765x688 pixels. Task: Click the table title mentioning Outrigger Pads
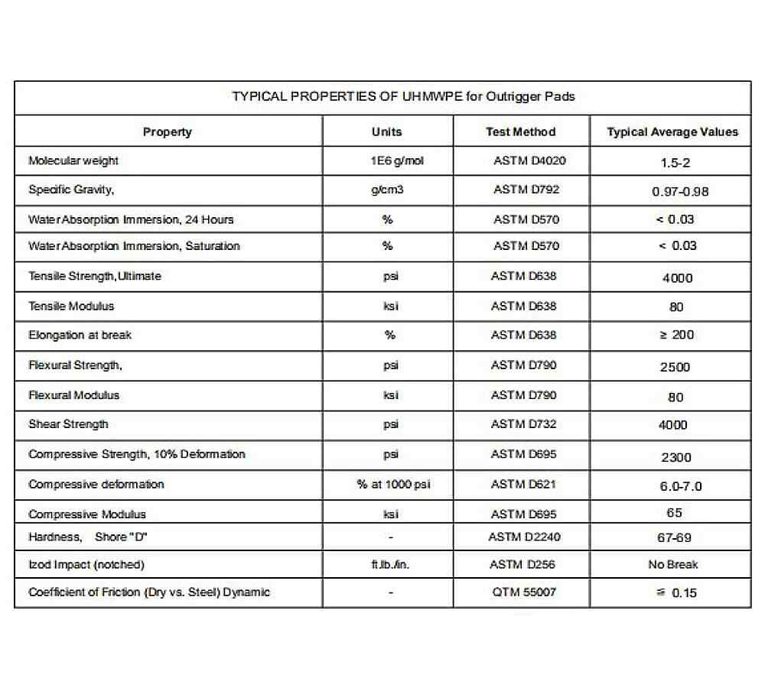point(403,96)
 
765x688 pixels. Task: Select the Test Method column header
point(520,131)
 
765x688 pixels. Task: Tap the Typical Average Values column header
point(672,131)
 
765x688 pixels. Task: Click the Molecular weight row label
point(73,161)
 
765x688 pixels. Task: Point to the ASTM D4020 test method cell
point(529,161)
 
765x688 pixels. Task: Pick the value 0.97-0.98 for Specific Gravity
point(680,191)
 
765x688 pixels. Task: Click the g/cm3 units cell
point(386,190)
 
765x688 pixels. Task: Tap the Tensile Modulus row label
point(71,306)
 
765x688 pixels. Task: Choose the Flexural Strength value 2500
point(675,367)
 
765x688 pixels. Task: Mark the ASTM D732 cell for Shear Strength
point(524,424)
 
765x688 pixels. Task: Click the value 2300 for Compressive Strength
point(675,457)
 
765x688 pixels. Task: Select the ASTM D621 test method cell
point(524,484)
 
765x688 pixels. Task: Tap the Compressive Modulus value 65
point(674,513)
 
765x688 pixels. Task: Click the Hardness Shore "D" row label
point(88,537)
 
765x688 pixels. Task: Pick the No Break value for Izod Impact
point(672,565)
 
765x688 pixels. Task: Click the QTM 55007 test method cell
point(524,592)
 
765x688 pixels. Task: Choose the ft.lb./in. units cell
point(392,565)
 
